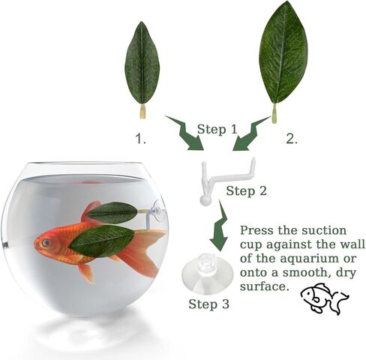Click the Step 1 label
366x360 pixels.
217,130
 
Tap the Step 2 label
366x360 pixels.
247,191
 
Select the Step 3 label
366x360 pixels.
208,304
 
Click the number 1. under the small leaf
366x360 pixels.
141,139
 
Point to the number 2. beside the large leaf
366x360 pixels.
292,139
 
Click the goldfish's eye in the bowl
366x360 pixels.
46,242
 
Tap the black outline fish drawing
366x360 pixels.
324,298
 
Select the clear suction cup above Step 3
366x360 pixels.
208,273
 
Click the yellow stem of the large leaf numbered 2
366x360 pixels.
274,114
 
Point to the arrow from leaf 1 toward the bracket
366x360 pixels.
186,133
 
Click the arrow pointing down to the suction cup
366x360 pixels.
219,225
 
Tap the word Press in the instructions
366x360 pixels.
256,230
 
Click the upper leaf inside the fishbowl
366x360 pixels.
112,213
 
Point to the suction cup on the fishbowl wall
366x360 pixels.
159,209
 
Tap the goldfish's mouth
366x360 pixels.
36,245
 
